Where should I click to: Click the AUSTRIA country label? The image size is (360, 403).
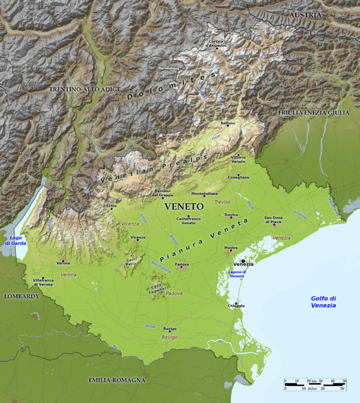[305, 15]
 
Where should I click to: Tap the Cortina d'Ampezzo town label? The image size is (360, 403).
[216, 44]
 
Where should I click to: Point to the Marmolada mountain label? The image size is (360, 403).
[168, 68]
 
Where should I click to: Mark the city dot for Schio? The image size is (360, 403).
[112, 209]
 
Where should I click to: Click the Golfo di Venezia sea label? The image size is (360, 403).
[323, 302]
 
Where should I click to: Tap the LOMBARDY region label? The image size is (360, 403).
[21, 296]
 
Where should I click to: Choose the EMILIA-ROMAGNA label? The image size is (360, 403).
[117, 380]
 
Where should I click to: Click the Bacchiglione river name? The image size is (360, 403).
[161, 267]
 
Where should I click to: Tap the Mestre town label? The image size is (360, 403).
[230, 248]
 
